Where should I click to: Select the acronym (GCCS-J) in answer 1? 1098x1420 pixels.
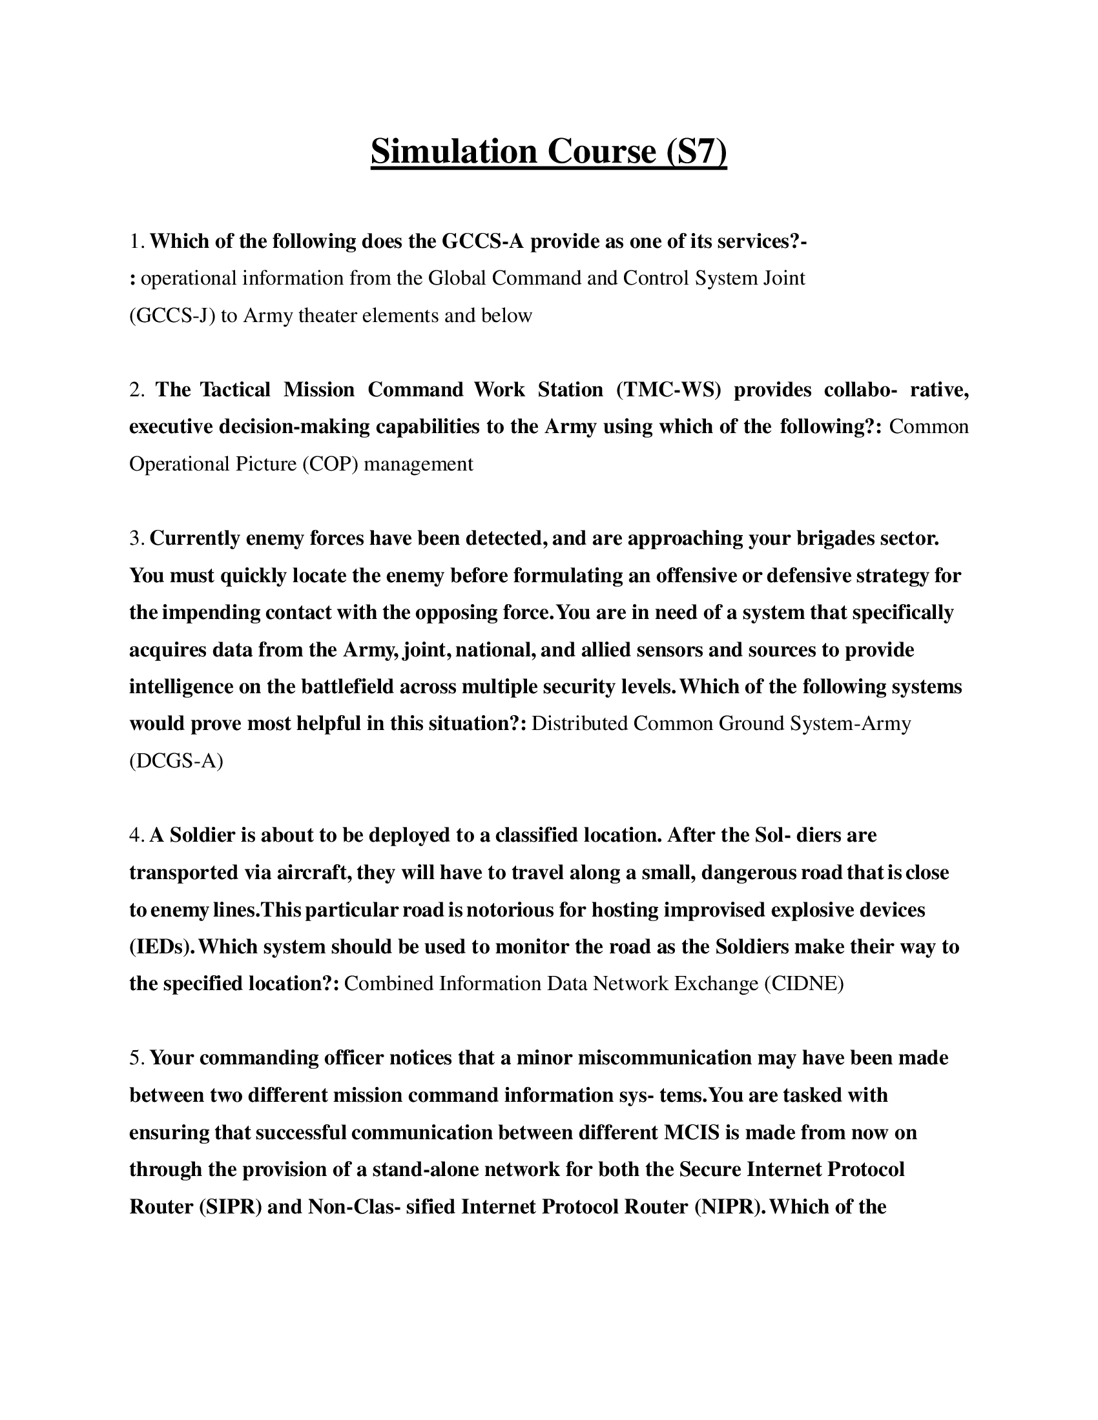(172, 316)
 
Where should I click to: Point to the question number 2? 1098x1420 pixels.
(136, 389)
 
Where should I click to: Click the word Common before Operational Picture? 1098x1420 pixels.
(928, 427)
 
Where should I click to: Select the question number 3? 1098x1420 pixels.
(136, 538)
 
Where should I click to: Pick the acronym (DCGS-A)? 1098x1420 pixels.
(176, 761)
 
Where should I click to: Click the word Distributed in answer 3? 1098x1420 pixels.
(579, 724)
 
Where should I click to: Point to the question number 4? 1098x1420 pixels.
(136, 835)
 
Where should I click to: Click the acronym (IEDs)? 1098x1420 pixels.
(162, 946)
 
